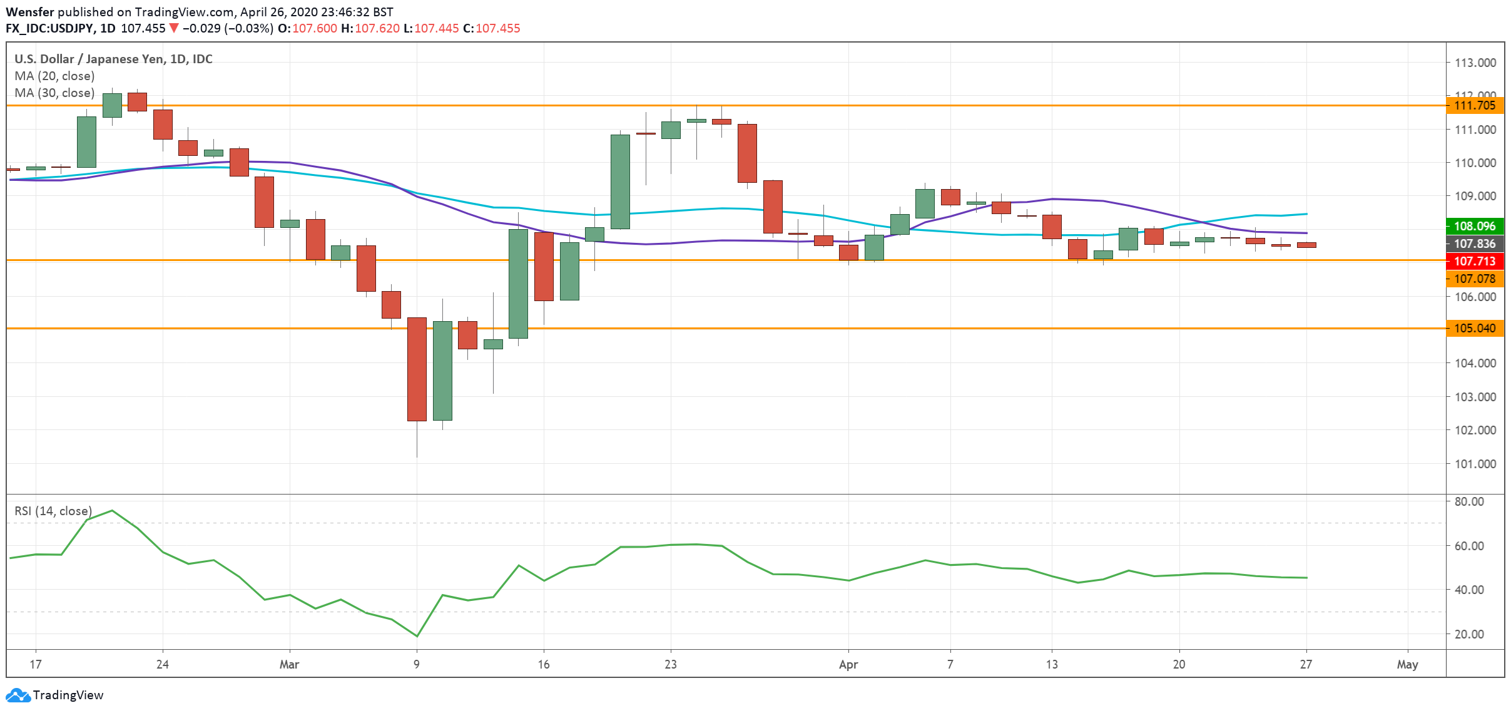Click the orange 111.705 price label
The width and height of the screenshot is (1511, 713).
point(1474,105)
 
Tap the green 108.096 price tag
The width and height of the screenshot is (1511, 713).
point(1474,226)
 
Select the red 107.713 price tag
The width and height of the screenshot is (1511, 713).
point(1474,261)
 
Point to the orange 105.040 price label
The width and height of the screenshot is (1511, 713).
point(1474,328)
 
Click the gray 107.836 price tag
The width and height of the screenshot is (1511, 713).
point(1474,244)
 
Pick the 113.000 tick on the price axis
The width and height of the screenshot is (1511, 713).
point(1475,63)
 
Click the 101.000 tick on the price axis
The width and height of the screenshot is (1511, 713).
point(1475,464)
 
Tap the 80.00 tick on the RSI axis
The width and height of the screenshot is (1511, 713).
point(1469,501)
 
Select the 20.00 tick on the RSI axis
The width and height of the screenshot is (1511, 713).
point(1469,634)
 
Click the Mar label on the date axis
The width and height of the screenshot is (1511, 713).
point(289,664)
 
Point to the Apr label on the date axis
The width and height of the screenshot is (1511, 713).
point(848,664)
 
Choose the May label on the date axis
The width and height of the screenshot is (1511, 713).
point(1407,664)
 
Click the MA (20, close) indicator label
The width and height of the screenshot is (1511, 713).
point(54,76)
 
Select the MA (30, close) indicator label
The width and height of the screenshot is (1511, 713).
point(54,93)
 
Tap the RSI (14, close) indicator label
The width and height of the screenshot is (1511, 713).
point(53,511)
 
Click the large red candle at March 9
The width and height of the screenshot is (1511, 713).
point(417,369)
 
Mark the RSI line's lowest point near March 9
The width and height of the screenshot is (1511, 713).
point(417,636)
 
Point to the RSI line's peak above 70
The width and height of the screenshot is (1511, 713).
point(111,511)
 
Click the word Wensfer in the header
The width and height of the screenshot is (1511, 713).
point(30,12)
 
